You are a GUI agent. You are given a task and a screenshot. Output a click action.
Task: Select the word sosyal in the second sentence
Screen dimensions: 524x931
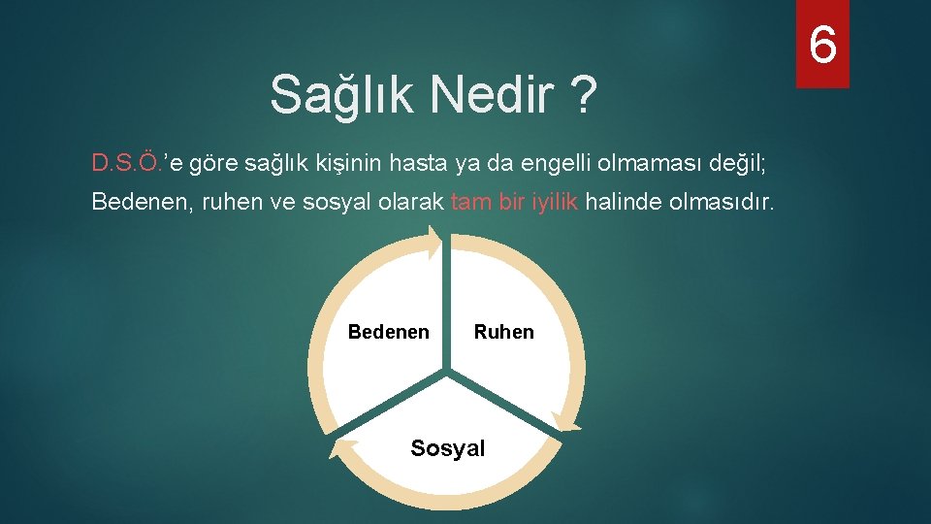click(x=338, y=202)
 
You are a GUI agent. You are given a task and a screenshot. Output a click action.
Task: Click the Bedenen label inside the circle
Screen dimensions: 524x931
click(x=388, y=332)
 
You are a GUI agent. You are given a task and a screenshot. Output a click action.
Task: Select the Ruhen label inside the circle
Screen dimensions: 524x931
click(x=503, y=332)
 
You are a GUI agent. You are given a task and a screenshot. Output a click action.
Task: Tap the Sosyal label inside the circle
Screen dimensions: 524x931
click(x=447, y=448)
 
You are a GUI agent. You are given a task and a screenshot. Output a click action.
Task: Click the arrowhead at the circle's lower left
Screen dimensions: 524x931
click(x=342, y=445)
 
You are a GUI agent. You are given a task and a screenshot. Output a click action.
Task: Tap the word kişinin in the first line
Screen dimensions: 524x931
click(x=349, y=162)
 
